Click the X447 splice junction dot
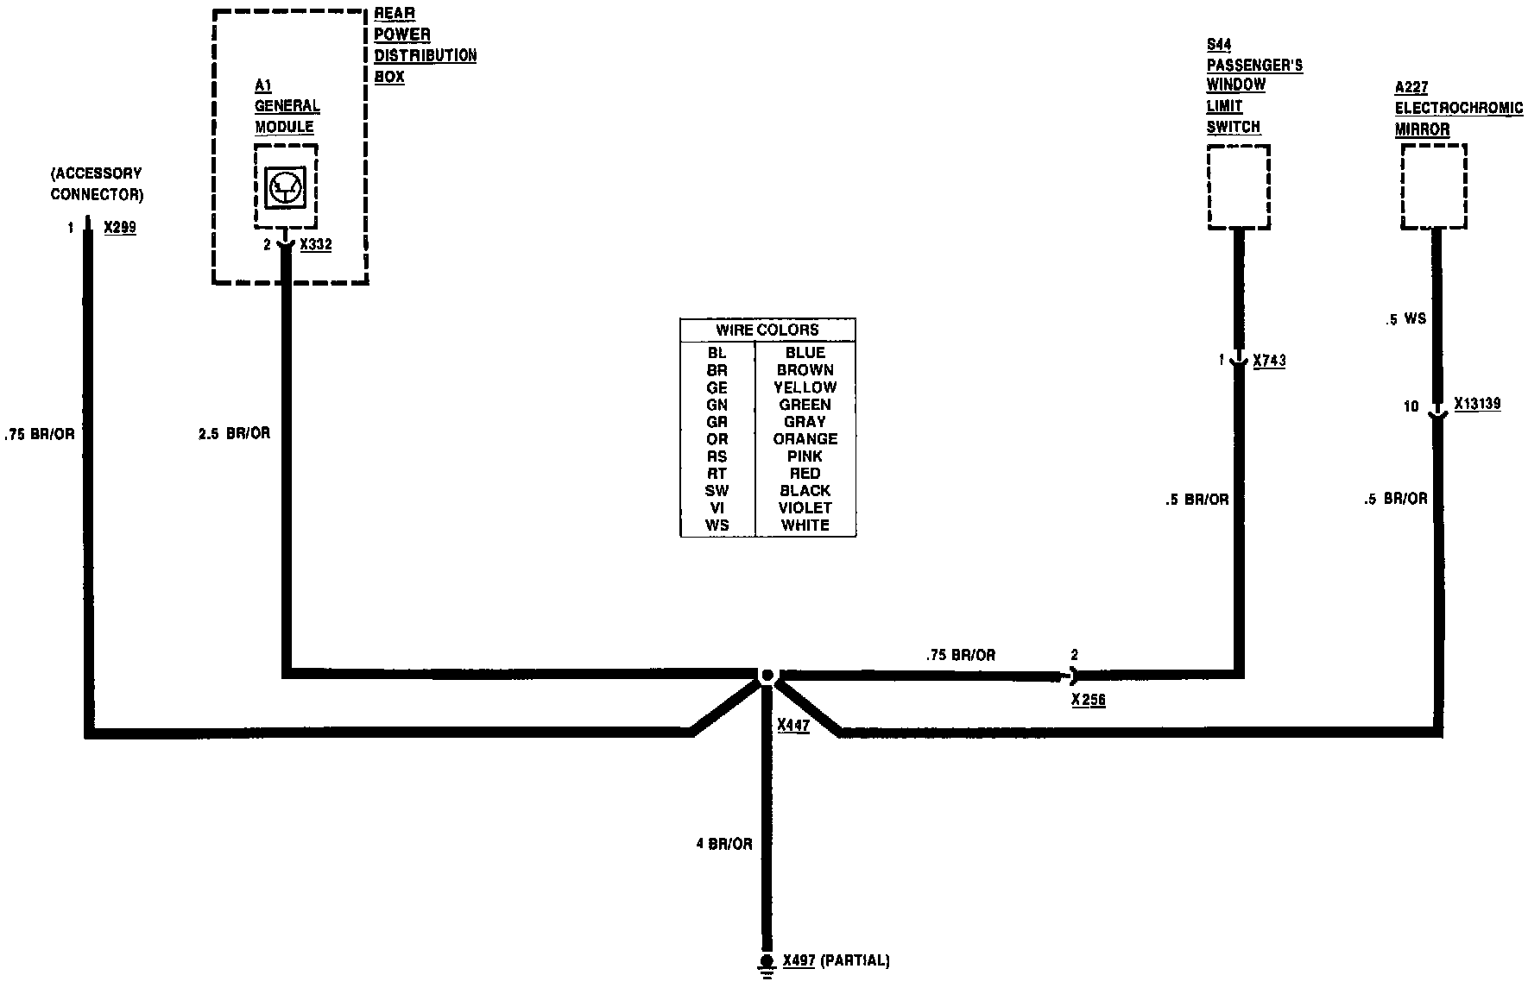766,676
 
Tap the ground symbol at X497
766,963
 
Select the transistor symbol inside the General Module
285,187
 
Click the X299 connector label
120,229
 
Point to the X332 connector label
315,245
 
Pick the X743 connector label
1269,361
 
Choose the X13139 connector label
1477,404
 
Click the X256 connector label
1088,700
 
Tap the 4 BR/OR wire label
724,844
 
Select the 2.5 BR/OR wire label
234,433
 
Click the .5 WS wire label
1405,319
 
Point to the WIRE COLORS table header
767,330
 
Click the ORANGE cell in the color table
805,439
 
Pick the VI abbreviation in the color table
717,508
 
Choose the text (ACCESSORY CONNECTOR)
97,185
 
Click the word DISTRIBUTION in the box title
425,56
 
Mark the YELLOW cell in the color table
805,387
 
